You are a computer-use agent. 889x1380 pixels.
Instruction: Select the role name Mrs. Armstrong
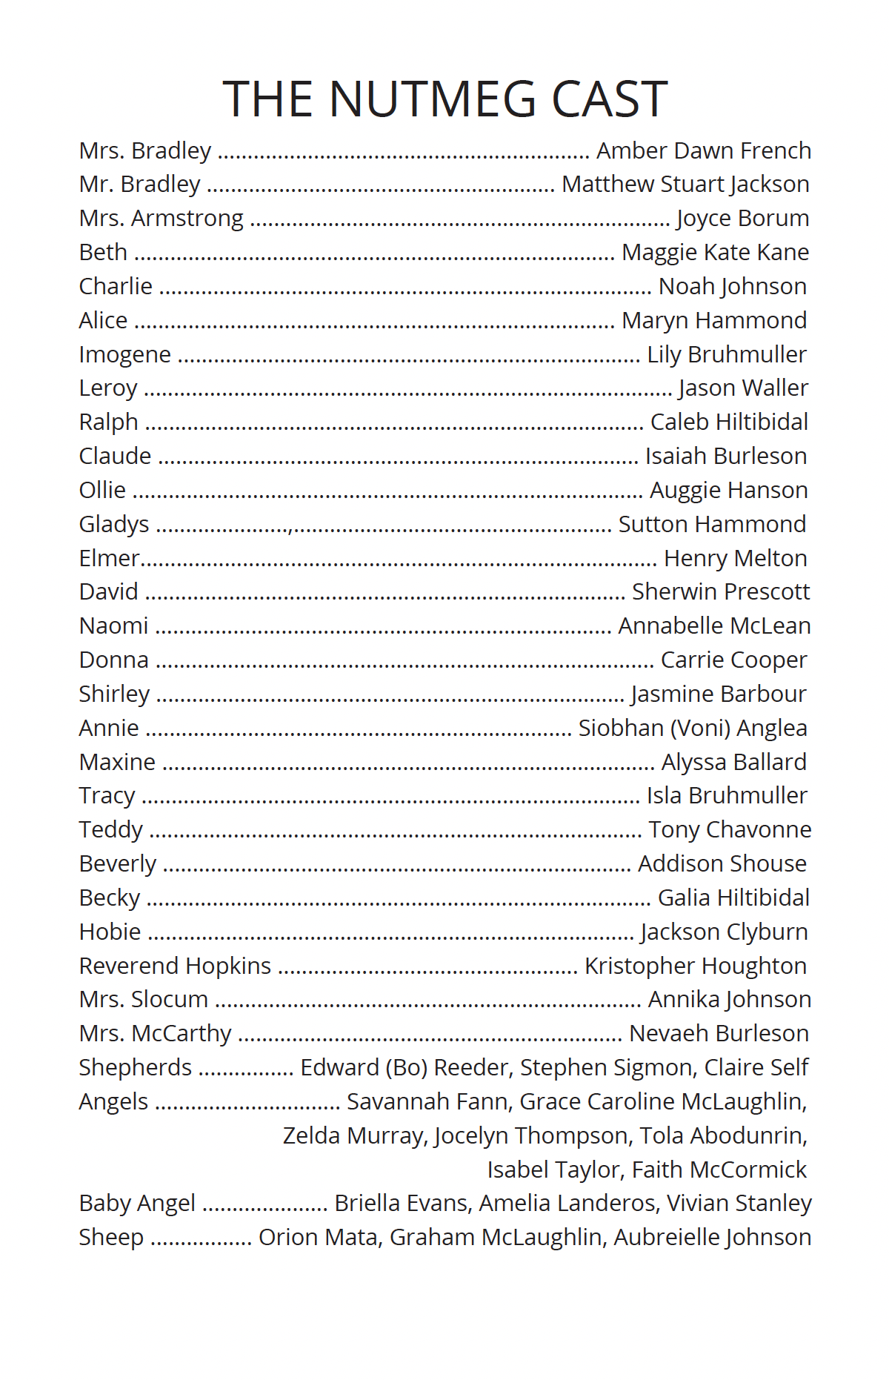click(x=161, y=219)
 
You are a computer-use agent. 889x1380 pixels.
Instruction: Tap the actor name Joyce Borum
click(x=742, y=219)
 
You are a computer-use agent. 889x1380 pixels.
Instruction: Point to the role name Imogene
click(x=124, y=355)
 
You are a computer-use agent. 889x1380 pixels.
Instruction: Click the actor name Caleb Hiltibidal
click(x=729, y=422)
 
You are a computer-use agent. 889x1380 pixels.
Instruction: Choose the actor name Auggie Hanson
click(x=729, y=491)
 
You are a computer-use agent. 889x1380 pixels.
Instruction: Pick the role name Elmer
click(x=109, y=558)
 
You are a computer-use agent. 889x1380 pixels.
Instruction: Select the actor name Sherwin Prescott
click(x=720, y=592)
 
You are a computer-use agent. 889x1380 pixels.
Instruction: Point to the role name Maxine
click(x=117, y=763)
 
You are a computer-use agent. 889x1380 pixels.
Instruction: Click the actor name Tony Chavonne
click(x=730, y=830)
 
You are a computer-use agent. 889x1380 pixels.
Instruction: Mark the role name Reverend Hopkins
click(x=175, y=966)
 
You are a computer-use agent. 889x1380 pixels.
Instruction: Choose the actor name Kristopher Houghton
click(x=696, y=966)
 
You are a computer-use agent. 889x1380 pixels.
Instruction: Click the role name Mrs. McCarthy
click(x=155, y=1034)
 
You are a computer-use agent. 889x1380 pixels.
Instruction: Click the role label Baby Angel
click(x=137, y=1204)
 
